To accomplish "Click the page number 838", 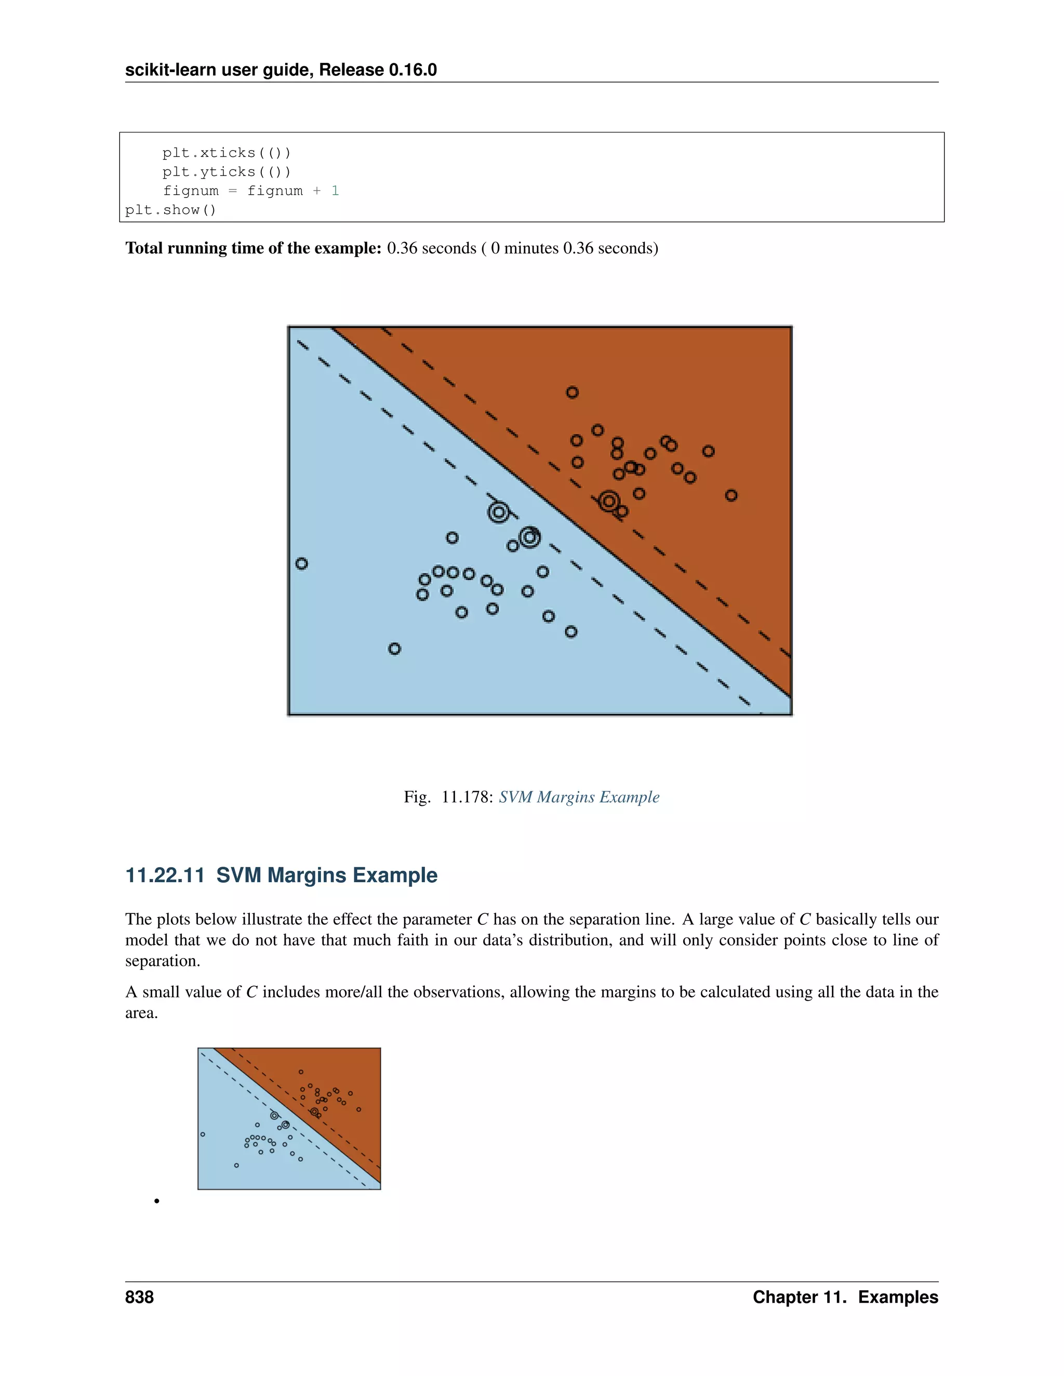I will (139, 1297).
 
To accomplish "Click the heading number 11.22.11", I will (165, 875).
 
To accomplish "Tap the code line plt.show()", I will (170, 210).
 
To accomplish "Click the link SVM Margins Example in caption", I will (579, 797).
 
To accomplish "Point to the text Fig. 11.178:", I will (448, 797).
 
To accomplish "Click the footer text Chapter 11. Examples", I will (845, 1297).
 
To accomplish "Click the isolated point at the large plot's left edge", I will (302, 563).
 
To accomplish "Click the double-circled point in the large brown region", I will (609, 502).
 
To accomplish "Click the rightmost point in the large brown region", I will (731, 495).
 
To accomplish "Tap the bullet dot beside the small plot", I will (156, 1201).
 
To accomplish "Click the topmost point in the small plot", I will (301, 1072).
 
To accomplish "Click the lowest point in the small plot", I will (236, 1165).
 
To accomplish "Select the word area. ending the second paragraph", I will (141, 1013).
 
